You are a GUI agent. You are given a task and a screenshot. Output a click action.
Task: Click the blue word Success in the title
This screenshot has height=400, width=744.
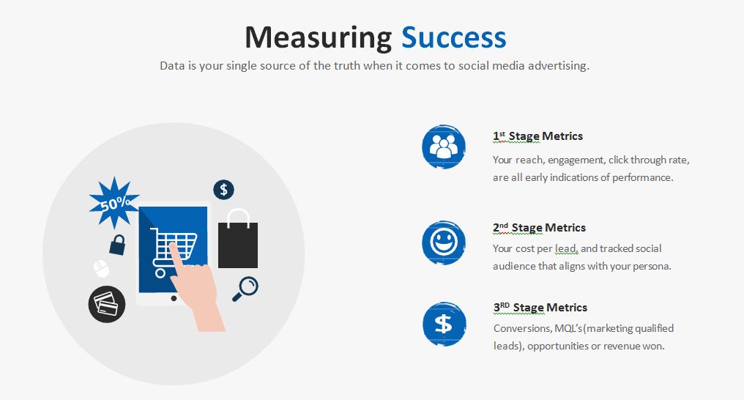click(453, 37)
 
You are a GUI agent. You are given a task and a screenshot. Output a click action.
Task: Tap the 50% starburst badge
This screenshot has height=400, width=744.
click(114, 203)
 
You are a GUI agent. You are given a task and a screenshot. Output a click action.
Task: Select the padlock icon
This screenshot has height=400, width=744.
click(117, 245)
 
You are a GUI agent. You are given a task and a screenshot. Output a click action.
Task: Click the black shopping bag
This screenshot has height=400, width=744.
click(238, 239)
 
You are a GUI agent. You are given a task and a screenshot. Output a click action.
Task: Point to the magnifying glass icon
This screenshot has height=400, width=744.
click(245, 289)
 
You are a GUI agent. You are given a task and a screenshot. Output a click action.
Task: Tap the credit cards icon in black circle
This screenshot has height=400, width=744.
click(107, 304)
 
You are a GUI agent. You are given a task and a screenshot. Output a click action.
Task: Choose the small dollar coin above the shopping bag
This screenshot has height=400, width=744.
click(223, 190)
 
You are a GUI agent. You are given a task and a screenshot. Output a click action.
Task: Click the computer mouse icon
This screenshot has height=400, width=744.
click(101, 269)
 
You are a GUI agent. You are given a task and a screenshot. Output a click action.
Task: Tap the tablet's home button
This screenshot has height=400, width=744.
click(174, 298)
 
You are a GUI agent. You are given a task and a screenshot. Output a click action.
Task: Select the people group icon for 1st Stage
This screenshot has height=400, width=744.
click(444, 147)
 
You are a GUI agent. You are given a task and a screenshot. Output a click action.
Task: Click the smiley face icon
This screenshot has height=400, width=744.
click(444, 242)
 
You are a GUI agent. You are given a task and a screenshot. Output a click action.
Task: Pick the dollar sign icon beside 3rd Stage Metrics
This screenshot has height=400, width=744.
click(444, 324)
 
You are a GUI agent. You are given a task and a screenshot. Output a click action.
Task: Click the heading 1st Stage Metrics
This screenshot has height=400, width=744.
click(537, 136)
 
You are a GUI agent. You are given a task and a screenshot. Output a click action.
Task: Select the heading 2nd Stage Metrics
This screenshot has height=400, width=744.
click(539, 228)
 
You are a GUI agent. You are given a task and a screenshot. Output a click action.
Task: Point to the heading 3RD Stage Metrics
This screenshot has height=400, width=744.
click(540, 308)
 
